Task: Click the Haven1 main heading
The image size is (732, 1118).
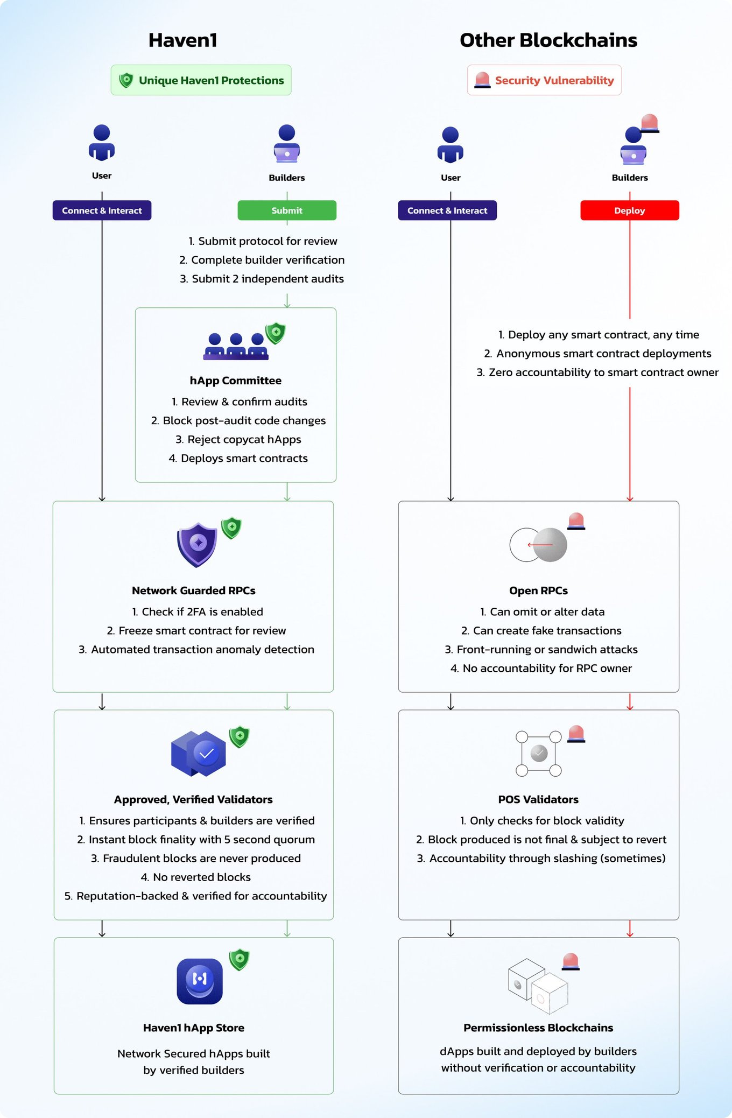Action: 183,40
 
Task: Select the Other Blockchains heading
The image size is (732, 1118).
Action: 548,40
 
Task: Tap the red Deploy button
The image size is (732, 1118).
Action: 630,210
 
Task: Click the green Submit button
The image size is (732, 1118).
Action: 287,210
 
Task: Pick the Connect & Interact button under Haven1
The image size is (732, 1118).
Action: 102,210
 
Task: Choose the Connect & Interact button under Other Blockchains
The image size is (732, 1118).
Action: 447,210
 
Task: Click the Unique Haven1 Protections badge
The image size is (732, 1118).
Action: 201,80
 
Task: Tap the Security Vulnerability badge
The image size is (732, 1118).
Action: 544,80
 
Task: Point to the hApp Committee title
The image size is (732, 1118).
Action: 236,381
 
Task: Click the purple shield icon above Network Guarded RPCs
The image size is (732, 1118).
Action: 197,545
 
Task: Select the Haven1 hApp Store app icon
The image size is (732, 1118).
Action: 200,981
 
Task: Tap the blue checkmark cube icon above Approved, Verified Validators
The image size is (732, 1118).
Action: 199,753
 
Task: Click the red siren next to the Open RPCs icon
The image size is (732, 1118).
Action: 576,521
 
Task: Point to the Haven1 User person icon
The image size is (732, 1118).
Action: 102,143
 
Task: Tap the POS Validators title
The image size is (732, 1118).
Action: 538,799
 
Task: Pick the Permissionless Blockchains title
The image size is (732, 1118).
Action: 538,1028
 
